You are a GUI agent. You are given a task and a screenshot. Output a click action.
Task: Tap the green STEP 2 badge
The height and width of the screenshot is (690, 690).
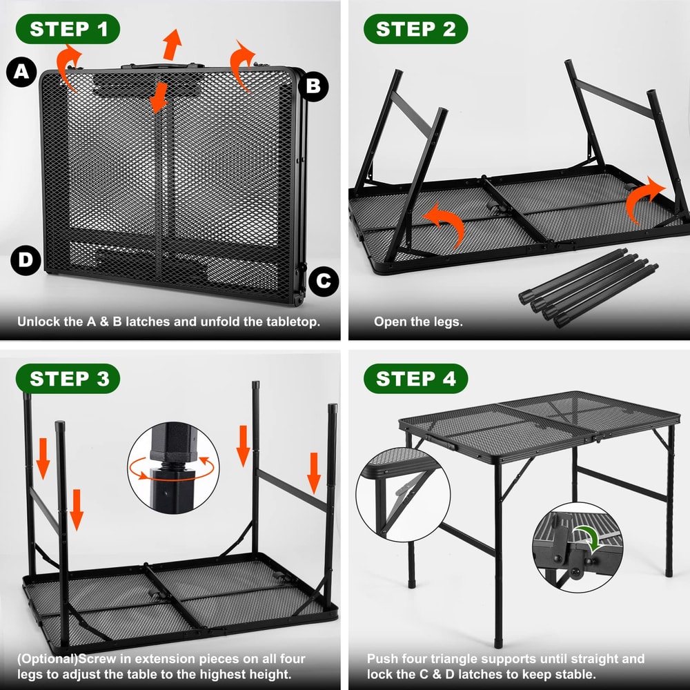[415, 29]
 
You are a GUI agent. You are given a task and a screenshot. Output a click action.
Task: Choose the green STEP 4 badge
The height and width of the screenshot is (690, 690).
[415, 379]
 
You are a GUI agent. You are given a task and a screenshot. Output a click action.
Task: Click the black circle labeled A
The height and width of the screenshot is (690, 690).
[21, 72]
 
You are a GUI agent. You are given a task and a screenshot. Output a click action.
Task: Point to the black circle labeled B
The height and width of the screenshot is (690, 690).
[313, 86]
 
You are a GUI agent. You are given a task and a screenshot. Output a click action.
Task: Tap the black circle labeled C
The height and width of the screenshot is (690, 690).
[324, 281]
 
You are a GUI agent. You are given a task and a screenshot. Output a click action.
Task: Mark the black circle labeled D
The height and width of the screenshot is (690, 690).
[26, 260]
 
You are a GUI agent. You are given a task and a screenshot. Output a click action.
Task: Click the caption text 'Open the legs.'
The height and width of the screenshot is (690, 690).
[418, 322]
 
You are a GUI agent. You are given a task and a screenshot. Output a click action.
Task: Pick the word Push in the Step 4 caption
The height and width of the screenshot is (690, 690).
[382, 658]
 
